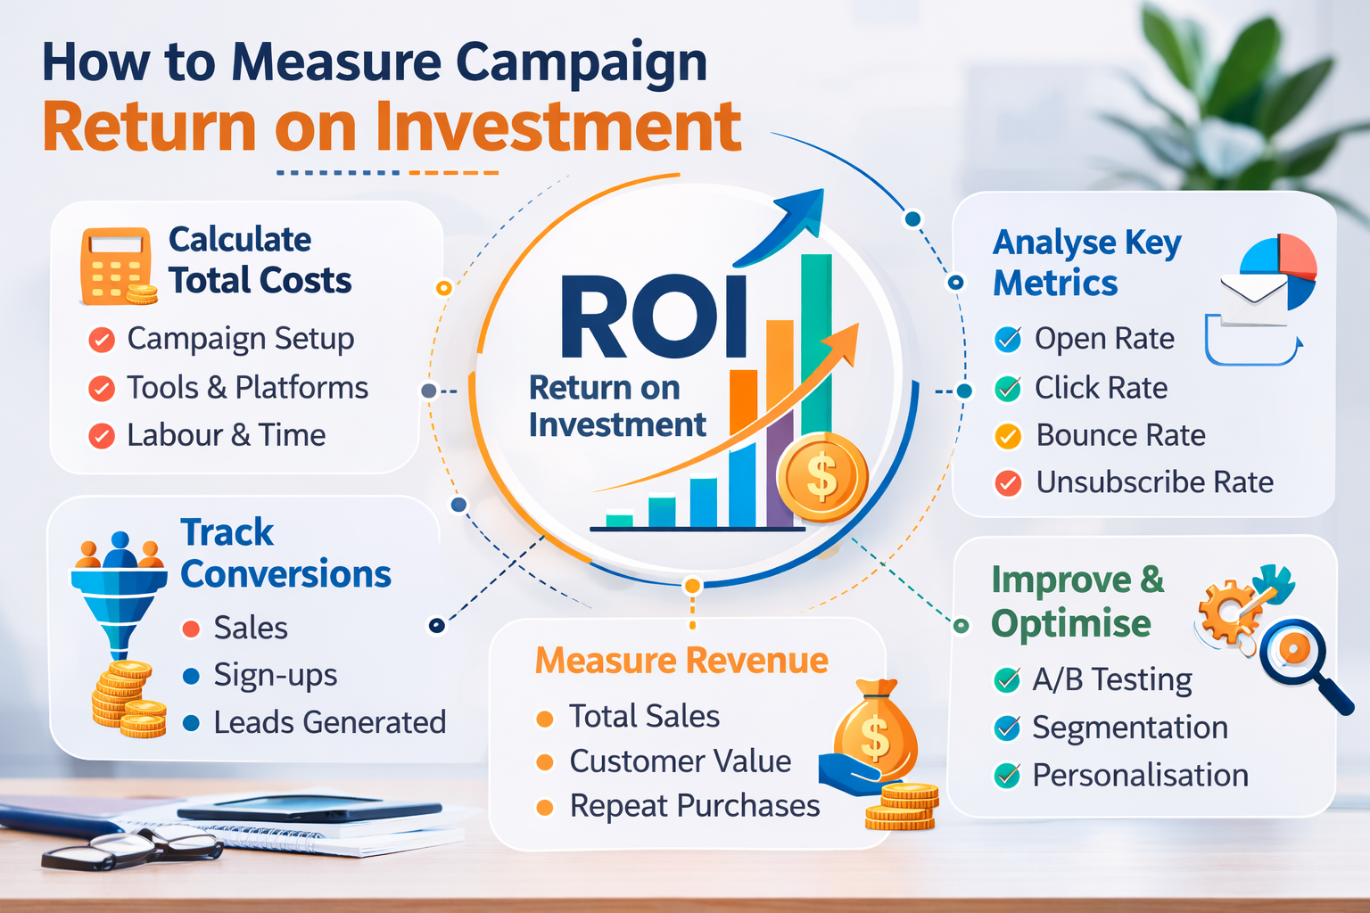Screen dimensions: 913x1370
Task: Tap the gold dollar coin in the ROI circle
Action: point(821,478)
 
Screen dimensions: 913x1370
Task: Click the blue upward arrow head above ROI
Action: point(799,214)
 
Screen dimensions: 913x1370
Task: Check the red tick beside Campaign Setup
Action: point(102,340)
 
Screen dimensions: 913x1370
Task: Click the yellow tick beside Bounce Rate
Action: point(1008,436)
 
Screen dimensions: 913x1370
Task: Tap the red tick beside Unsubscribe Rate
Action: point(1008,483)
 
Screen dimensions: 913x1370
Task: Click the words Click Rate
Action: point(1101,388)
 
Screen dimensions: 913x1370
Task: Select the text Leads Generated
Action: point(329,722)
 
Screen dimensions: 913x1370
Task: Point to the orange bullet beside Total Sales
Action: point(545,719)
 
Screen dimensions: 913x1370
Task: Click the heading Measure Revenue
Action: point(681,661)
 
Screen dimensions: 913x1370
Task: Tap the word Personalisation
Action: point(1140,776)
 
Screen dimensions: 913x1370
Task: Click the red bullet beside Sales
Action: point(191,629)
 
